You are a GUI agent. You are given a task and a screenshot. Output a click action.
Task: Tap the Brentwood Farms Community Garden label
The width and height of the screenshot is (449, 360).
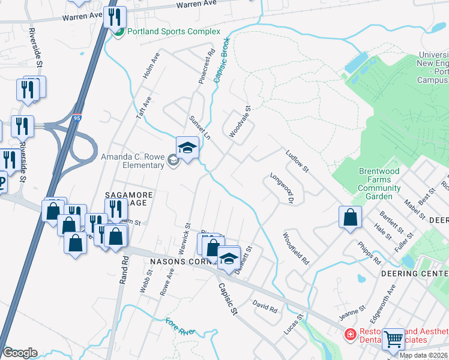(x=379, y=184)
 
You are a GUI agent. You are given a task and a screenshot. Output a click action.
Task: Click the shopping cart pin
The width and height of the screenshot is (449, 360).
(x=393, y=339)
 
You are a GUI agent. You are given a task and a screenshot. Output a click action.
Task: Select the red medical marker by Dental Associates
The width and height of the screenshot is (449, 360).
(x=348, y=334)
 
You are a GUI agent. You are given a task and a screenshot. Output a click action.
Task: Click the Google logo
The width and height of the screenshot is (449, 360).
(x=20, y=352)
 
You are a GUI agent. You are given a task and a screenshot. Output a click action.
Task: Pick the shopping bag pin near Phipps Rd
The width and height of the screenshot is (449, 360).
(x=350, y=217)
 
